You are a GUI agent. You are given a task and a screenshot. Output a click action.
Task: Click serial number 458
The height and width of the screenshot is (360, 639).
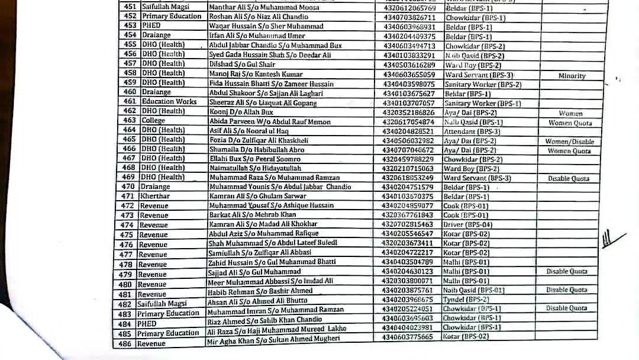point(130,73)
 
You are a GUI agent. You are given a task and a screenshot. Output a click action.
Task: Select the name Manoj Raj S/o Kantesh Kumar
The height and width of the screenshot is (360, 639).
point(256,74)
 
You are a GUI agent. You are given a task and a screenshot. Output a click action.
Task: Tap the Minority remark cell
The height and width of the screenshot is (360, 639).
point(571,76)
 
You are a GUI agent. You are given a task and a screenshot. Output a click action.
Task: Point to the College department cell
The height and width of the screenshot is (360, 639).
point(153,120)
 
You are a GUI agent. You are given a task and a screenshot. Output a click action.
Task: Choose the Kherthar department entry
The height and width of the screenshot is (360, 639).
point(154,196)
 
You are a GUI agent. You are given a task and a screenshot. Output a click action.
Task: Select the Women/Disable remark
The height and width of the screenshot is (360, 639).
point(570,142)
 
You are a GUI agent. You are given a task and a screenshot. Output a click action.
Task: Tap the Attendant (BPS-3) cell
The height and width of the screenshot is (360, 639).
point(472,131)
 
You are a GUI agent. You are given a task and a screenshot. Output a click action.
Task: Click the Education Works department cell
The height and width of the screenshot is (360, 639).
point(169,101)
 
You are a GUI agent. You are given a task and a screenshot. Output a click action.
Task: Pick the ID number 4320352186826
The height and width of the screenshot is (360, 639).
point(408,111)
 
